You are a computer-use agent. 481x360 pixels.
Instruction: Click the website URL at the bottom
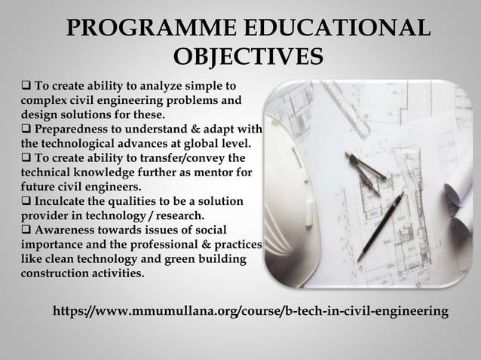click(250, 311)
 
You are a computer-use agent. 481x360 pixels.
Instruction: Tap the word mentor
click(213, 172)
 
